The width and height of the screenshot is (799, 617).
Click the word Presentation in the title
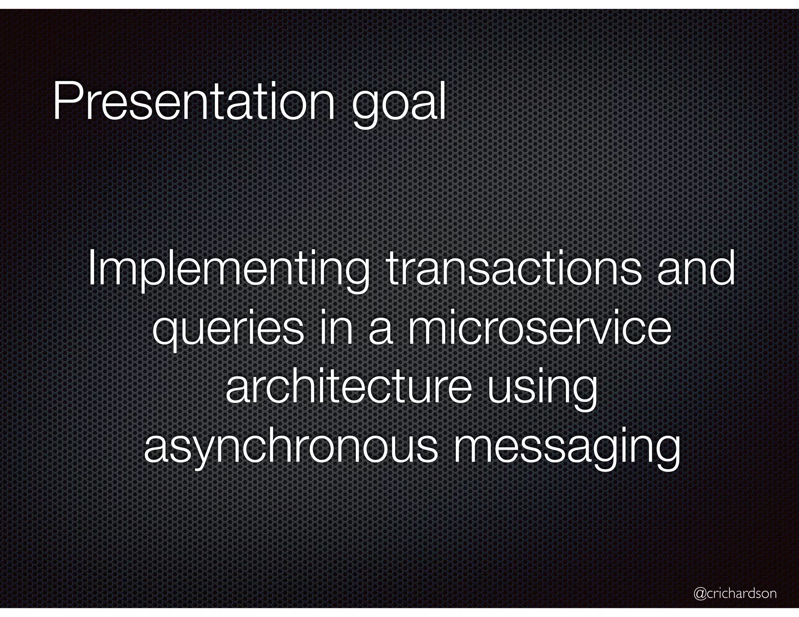(194, 102)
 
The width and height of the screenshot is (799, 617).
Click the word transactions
(513, 269)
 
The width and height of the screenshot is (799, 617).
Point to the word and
(696, 269)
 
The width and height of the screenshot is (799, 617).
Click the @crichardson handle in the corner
(735, 593)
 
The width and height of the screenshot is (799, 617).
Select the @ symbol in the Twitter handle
(700, 594)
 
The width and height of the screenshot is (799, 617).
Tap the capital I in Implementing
(92, 269)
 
